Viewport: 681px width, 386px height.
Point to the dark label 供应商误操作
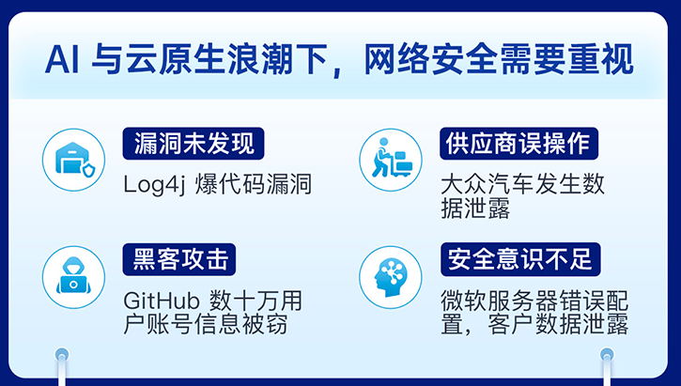pos(516,143)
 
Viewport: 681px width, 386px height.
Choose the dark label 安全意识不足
pos(516,257)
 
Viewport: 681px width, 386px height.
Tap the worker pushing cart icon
pos(391,158)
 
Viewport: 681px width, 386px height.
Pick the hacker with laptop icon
pos(74,275)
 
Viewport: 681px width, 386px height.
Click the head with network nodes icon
pos(391,275)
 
